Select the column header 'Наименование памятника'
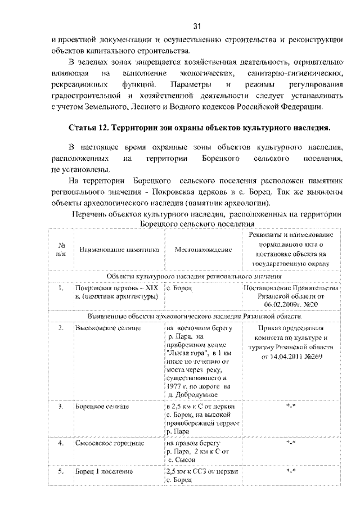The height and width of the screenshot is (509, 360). (x=119, y=249)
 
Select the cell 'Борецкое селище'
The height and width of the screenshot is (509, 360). (x=100, y=405)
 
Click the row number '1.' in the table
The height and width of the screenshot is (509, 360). (x=61, y=288)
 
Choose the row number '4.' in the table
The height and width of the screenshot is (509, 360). (x=61, y=443)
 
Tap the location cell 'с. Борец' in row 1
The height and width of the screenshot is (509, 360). (x=179, y=288)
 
